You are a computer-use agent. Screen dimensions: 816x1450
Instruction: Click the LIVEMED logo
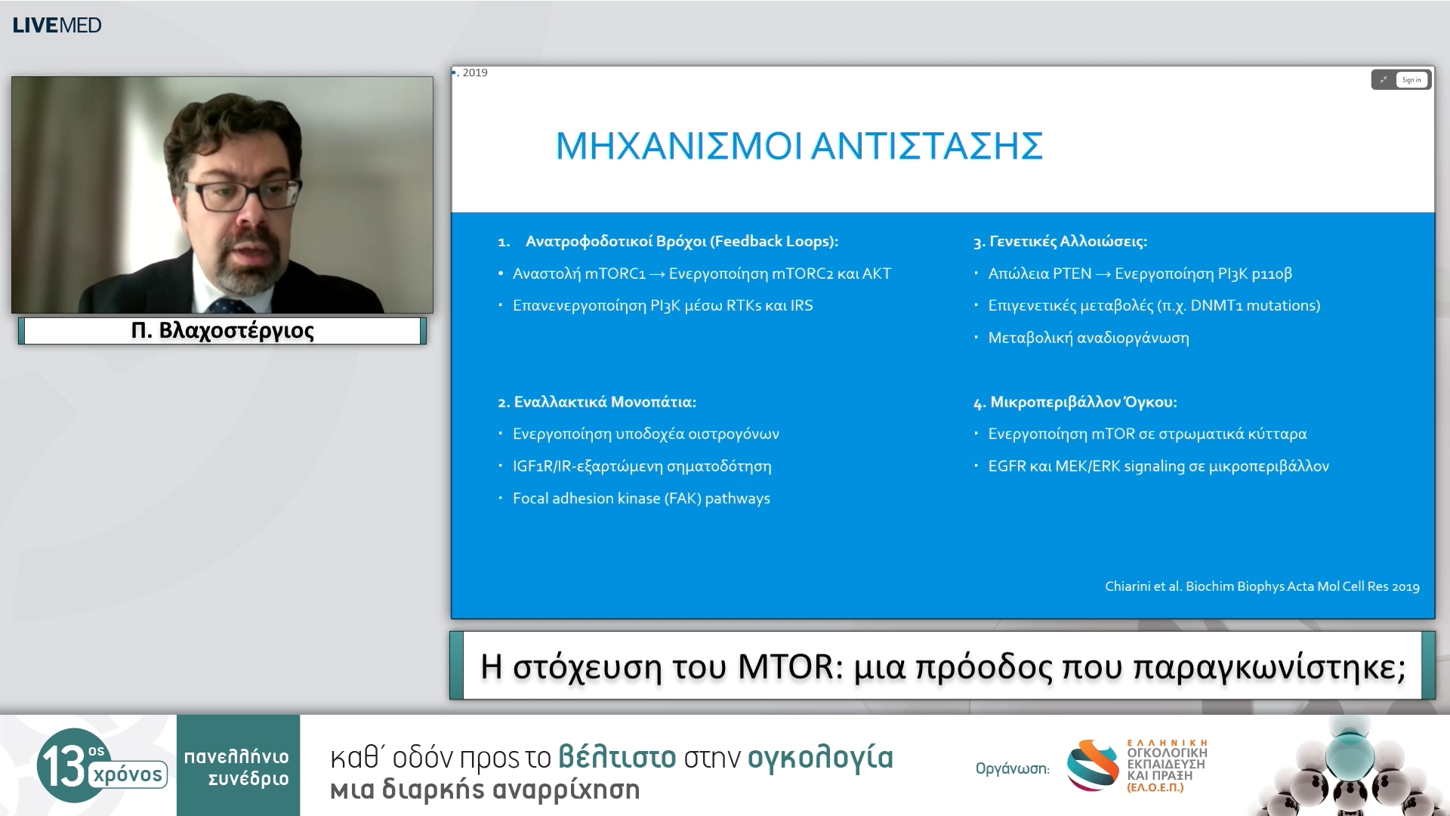point(57,25)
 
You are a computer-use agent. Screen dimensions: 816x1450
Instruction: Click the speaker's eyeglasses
point(245,195)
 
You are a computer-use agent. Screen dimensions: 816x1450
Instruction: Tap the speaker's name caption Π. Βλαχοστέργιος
point(222,331)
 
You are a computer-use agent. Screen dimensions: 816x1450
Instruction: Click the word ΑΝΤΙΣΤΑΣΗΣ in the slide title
point(927,146)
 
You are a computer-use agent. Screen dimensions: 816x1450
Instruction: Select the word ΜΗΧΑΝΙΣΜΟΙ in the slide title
point(678,146)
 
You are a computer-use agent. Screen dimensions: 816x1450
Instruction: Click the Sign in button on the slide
point(1411,80)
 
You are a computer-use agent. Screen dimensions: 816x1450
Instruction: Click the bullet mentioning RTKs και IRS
point(662,306)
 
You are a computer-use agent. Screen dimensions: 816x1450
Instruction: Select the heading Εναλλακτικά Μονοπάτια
point(604,402)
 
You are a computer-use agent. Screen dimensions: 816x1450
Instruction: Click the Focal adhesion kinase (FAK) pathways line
point(641,499)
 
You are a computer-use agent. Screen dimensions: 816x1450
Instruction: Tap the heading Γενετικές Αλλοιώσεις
point(1067,242)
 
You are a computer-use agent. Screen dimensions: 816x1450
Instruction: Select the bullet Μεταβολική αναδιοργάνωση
point(1088,338)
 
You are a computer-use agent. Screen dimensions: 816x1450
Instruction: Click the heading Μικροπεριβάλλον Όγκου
point(1083,402)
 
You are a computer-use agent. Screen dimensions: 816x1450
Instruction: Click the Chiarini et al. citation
point(1261,586)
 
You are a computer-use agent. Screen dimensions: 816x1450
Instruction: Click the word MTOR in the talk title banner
point(785,667)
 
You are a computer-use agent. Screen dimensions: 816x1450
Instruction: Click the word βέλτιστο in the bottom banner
point(616,757)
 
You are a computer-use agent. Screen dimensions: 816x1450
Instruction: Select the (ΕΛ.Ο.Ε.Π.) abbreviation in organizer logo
point(1155,787)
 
